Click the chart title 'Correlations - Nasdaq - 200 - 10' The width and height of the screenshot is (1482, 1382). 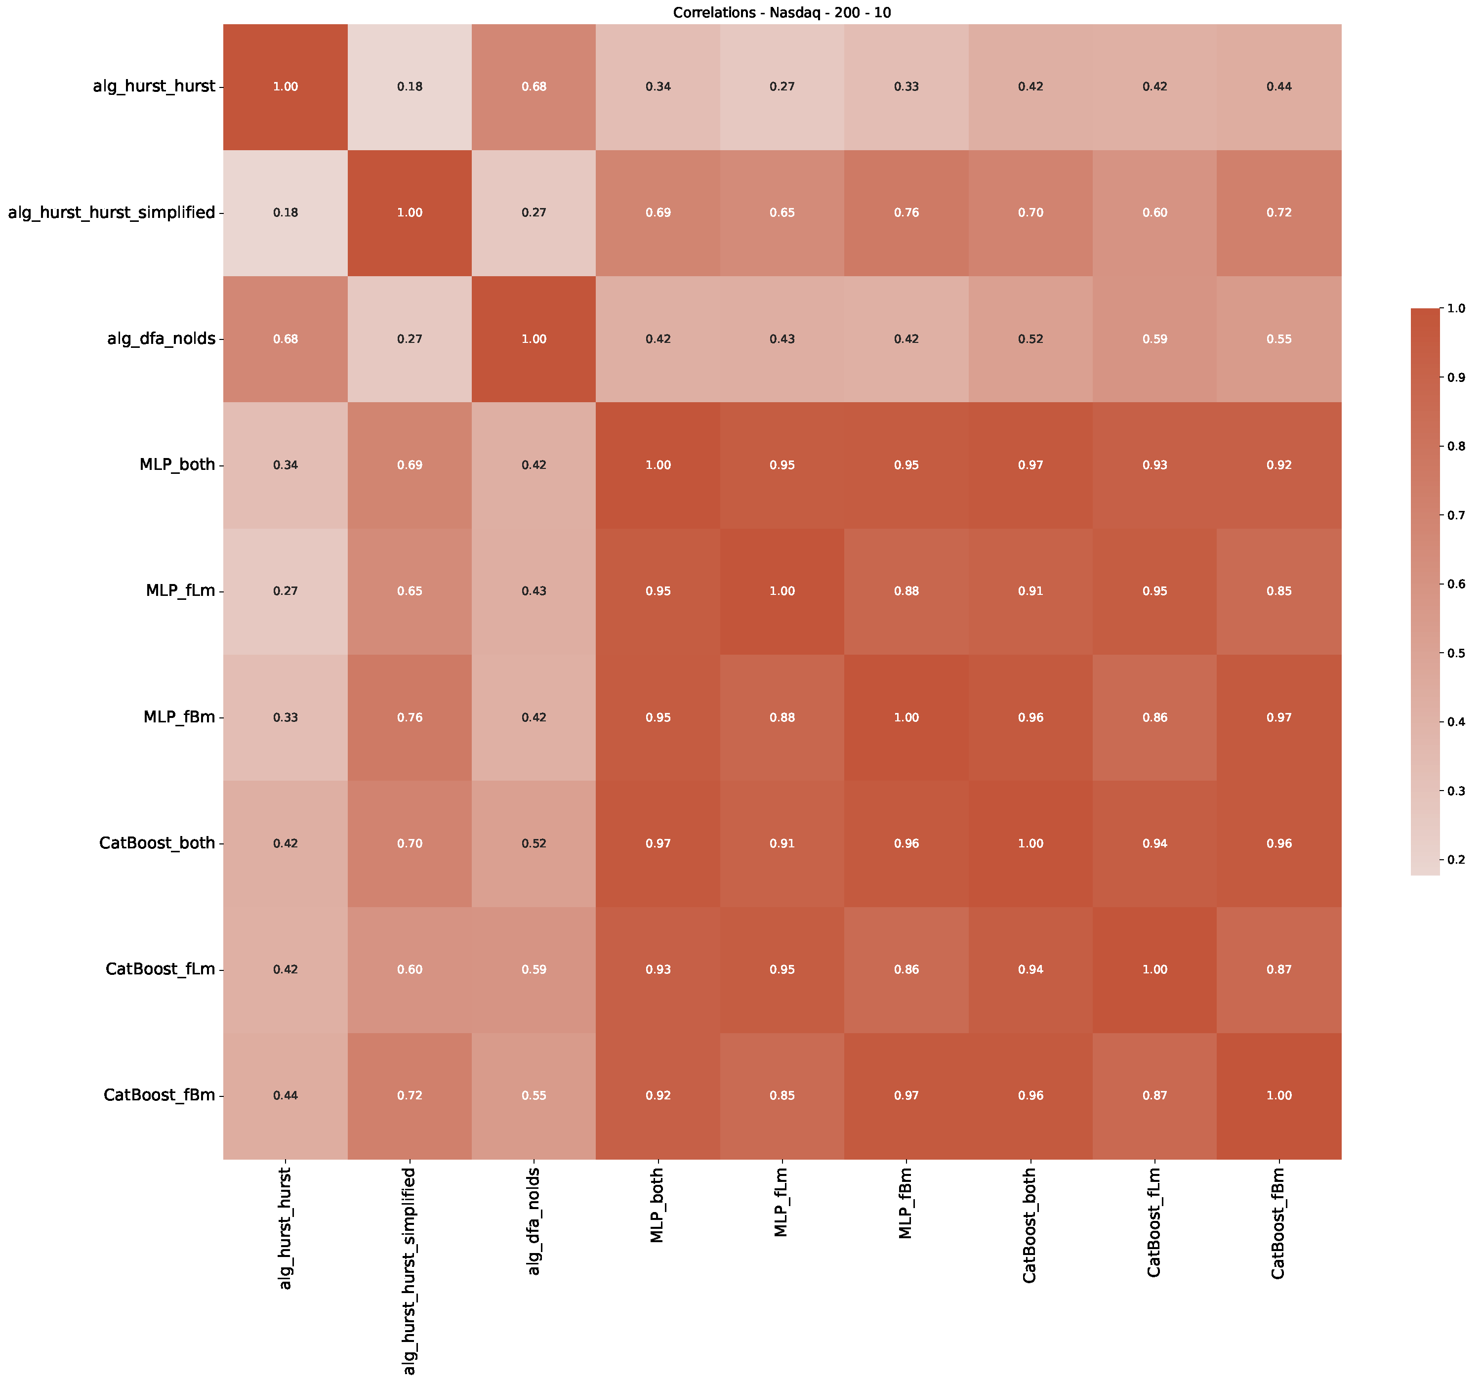click(x=781, y=13)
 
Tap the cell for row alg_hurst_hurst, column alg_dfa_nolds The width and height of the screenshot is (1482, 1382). click(x=534, y=86)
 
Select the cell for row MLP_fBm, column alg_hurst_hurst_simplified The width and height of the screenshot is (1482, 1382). click(x=409, y=717)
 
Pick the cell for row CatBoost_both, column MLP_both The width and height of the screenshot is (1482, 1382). click(x=658, y=843)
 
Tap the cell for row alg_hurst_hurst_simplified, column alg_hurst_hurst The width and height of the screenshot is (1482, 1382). click(x=286, y=212)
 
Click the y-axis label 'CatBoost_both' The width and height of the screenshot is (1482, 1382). click(x=157, y=843)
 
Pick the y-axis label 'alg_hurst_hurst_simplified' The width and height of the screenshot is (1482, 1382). click(x=111, y=212)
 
